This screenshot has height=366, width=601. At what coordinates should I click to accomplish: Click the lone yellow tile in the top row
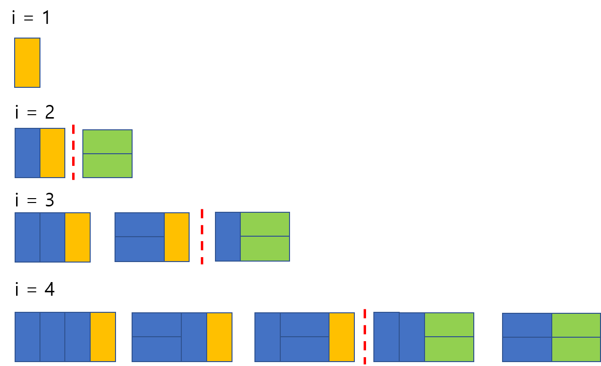27,62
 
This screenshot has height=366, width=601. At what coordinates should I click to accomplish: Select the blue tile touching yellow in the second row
28,153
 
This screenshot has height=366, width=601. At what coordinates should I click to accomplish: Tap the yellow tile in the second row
53,153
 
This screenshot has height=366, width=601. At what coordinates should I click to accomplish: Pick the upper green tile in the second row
107,142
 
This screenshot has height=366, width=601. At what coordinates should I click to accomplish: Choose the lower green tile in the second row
107,165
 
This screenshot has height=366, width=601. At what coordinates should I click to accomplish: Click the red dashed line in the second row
74,152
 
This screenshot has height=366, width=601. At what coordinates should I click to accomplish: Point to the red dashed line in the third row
202,237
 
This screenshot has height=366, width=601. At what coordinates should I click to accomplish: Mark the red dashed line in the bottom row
365,337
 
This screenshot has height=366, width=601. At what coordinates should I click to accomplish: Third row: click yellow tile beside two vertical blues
78,237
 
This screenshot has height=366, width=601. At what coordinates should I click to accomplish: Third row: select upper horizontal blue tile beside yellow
140,225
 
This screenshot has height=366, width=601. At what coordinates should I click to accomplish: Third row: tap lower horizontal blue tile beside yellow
140,249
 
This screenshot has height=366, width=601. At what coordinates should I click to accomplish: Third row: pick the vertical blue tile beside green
228,237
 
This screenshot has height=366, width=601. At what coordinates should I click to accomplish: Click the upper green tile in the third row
265,224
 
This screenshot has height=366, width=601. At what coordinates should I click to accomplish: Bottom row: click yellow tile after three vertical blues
103,337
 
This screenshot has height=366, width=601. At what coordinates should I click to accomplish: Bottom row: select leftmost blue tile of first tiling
28,337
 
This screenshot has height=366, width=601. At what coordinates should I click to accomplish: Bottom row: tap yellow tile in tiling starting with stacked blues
219,337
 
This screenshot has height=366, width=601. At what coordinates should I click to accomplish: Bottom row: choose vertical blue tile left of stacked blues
268,337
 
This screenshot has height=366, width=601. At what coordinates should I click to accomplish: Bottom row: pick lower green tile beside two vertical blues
449,349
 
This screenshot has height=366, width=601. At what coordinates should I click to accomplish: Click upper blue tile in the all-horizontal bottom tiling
527,325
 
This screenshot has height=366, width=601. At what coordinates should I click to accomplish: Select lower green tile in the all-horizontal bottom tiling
576,349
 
